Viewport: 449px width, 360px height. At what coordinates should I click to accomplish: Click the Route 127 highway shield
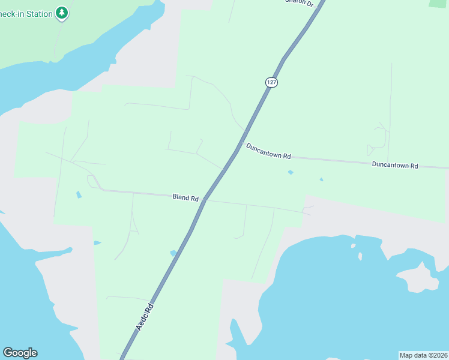click(x=271, y=82)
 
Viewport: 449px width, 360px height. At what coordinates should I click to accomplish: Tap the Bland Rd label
click(x=185, y=197)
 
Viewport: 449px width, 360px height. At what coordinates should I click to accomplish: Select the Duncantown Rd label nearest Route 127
click(x=268, y=151)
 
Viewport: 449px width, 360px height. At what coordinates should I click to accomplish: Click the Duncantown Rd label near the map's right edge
click(x=394, y=165)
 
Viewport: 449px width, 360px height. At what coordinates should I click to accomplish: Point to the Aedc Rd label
click(x=144, y=316)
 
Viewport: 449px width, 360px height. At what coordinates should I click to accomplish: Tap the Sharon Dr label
click(x=300, y=2)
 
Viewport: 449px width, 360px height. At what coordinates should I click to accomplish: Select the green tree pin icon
click(x=61, y=12)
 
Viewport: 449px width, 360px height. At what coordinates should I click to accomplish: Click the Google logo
click(x=20, y=353)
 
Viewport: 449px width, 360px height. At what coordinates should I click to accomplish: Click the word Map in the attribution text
click(x=407, y=355)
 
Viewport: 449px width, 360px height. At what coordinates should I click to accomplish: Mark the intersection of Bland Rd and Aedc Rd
click(x=205, y=199)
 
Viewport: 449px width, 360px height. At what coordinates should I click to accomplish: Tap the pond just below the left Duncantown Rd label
click(x=291, y=172)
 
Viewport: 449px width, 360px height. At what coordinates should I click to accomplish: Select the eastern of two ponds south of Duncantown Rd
click(x=321, y=179)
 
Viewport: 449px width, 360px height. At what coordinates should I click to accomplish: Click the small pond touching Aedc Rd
click(x=173, y=253)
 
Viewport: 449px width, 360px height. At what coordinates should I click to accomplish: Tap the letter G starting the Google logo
click(x=7, y=353)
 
